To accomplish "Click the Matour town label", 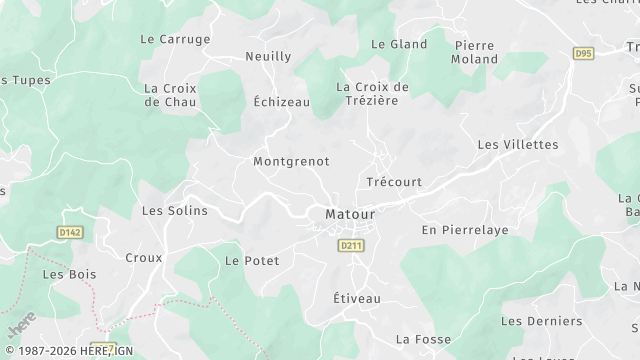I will pyautogui.click(x=350, y=214).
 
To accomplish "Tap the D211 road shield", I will pyautogui.click(x=350, y=245).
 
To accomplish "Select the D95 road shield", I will pyautogui.click(x=583, y=53).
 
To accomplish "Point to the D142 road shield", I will pyautogui.click(x=67, y=232).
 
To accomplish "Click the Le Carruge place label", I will pyautogui.click(x=175, y=39).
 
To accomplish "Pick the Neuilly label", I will pyautogui.click(x=268, y=57).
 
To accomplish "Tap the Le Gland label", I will pyautogui.click(x=399, y=44).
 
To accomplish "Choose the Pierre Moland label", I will pyautogui.click(x=476, y=52).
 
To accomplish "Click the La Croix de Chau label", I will pyautogui.click(x=169, y=94).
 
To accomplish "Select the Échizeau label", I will pyautogui.click(x=281, y=102).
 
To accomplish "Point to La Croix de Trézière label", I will pyautogui.click(x=373, y=93).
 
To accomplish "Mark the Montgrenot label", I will pyautogui.click(x=291, y=161).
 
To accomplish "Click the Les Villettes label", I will pyautogui.click(x=518, y=145).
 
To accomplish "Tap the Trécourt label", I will pyautogui.click(x=394, y=183).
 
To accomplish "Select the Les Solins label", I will pyautogui.click(x=174, y=211).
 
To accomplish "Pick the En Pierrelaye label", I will pyautogui.click(x=464, y=230).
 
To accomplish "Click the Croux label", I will pyautogui.click(x=143, y=258).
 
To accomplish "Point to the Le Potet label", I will pyautogui.click(x=252, y=261).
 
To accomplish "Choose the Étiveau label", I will pyautogui.click(x=357, y=299).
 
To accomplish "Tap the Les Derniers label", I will pyautogui.click(x=541, y=321).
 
